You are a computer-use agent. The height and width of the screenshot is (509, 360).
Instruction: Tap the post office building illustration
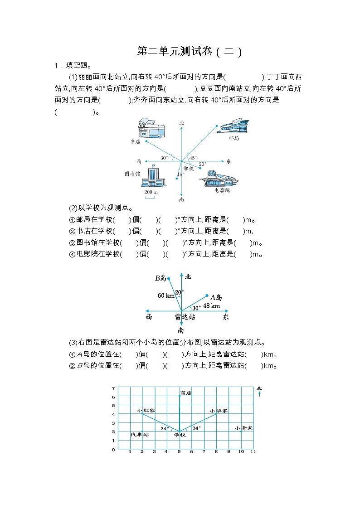(x=233, y=126)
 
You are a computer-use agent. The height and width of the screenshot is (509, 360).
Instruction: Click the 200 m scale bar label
(x=151, y=193)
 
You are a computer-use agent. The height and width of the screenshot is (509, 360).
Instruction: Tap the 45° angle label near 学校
(x=193, y=158)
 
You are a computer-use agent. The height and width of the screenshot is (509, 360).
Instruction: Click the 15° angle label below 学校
(x=180, y=175)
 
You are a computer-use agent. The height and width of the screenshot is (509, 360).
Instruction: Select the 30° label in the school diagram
(x=164, y=158)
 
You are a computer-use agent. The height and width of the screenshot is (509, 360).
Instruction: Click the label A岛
(x=216, y=297)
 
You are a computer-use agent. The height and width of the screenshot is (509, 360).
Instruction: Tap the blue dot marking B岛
(x=169, y=279)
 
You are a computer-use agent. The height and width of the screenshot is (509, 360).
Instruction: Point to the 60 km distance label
(x=166, y=296)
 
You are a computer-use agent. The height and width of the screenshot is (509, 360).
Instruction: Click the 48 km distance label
(x=211, y=306)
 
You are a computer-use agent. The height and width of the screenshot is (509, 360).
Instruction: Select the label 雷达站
(x=185, y=317)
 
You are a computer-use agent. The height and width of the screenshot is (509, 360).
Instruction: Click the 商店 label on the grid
(x=185, y=393)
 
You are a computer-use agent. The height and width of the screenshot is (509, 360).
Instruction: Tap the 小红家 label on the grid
(x=146, y=410)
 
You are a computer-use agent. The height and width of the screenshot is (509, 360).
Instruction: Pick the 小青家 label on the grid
(x=244, y=428)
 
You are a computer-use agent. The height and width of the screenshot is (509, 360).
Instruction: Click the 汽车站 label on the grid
(x=140, y=434)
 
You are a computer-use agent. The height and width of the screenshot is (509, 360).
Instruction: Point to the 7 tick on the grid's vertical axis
(x=113, y=388)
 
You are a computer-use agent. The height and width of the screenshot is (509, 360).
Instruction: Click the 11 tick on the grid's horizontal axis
(x=253, y=452)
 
